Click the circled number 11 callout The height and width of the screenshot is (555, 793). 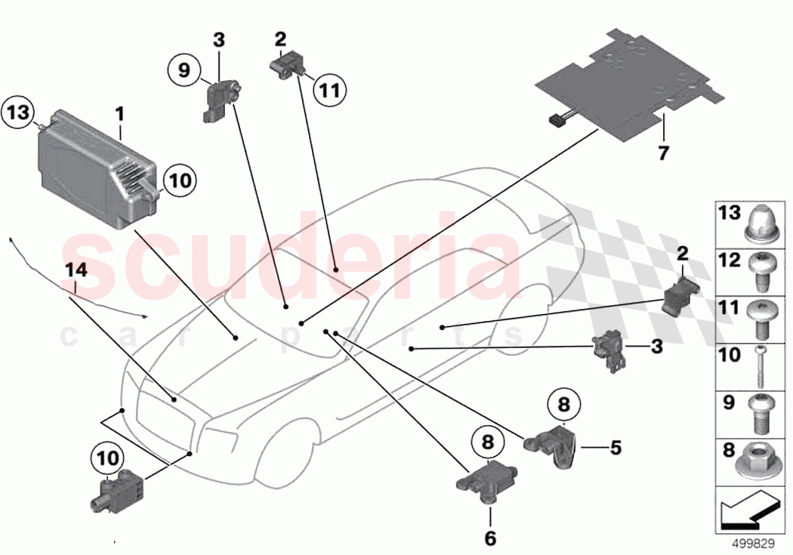tap(327, 91)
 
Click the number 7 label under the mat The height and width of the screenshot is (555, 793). tap(663, 153)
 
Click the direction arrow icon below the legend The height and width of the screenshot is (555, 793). tap(748, 512)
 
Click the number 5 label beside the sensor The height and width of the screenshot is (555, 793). tap(615, 449)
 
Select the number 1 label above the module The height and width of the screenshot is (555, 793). tap(119, 116)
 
